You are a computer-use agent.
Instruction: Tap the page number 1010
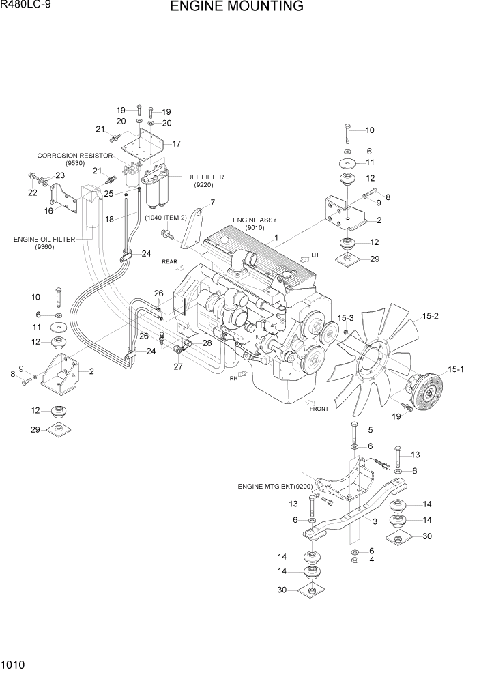(14, 663)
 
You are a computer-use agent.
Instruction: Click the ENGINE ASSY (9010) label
(255, 224)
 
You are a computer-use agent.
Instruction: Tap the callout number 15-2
(430, 316)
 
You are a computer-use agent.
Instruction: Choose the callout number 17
(176, 144)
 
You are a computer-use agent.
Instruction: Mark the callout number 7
(212, 202)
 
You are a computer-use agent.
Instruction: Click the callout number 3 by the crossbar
(375, 522)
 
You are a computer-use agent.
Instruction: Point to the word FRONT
(319, 409)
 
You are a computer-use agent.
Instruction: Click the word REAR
(170, 261)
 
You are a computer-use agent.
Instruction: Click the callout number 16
(48, 211)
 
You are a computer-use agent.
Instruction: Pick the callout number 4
(371, 560)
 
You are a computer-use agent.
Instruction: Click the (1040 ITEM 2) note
(166, 218)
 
